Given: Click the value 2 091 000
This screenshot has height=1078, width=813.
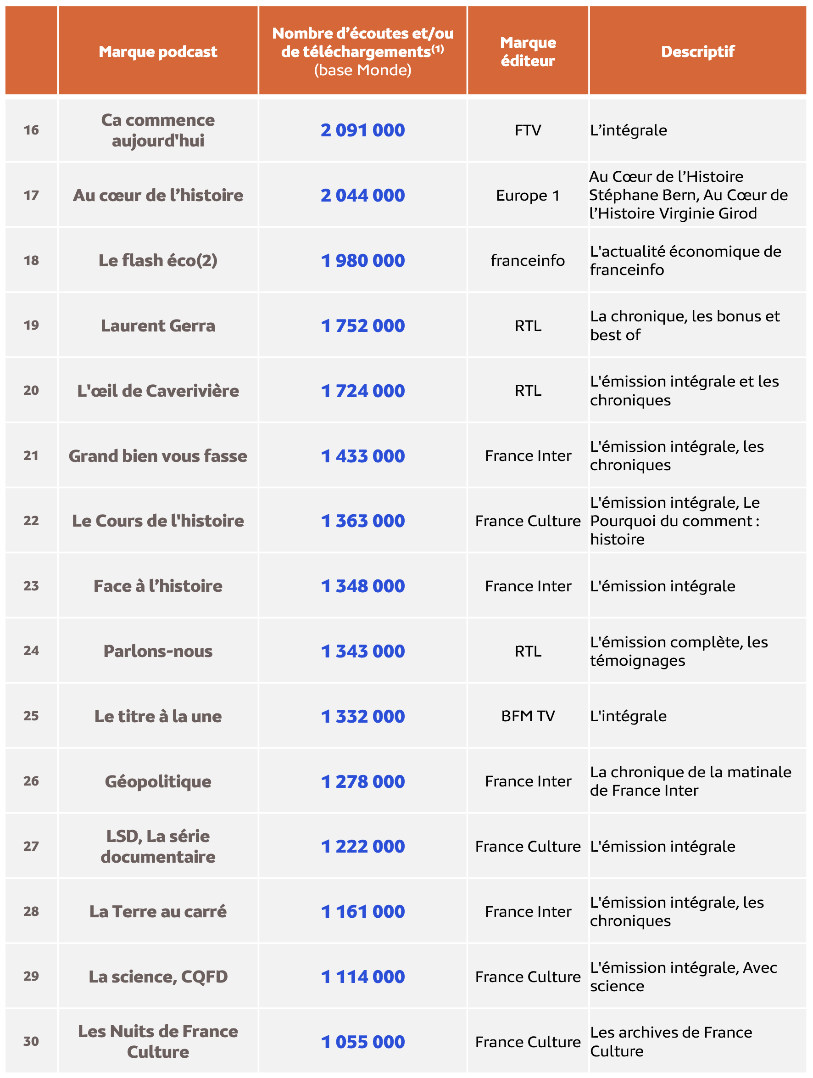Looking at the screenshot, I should coord(362,130).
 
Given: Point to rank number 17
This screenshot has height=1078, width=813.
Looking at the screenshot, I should coord(31,196).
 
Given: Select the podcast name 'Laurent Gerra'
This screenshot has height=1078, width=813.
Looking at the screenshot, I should coord(158,326).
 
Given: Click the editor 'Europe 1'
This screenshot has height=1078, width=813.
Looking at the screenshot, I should coord(528,196).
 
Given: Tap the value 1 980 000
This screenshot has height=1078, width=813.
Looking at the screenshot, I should coord(362,261).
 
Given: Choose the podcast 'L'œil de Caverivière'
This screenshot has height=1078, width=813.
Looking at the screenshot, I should coord(158,391).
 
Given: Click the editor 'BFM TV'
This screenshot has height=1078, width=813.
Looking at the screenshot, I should coord(528,716).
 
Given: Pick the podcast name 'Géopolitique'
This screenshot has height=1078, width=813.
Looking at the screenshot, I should coord(158,781).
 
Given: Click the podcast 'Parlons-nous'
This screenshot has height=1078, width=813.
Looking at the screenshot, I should coord(158,651).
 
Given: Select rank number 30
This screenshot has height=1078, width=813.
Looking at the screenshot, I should coord(31,1041).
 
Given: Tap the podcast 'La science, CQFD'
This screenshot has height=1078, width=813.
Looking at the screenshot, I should coord(158,977).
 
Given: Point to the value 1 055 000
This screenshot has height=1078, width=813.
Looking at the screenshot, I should coord(362,1042).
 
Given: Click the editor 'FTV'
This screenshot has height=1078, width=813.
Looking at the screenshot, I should coord(528,130).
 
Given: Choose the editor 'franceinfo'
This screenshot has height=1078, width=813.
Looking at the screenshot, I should coord(528,261).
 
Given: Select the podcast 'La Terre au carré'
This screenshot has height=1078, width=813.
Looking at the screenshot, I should coord(158,911).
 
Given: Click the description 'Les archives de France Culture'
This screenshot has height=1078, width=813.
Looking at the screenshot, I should coord(671,1041).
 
